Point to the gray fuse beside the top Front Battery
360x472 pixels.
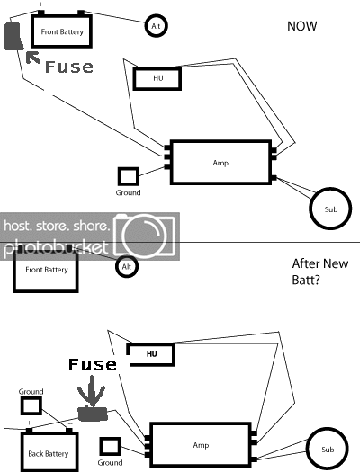pyautogui.click(x=13, y=36)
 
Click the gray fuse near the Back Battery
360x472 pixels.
pyautogui.click(x=93, y=414)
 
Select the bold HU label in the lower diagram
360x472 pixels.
pyautogui.click(x=152, y=353)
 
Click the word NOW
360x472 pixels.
pyautogui.click(x=302, y=26)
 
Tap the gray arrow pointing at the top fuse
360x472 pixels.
pyautogui.click(x=32, y=58)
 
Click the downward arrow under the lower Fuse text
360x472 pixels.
pyautogui.click(x=92, y=391)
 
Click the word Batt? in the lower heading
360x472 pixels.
pyautogui.click(x=306, y=281)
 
